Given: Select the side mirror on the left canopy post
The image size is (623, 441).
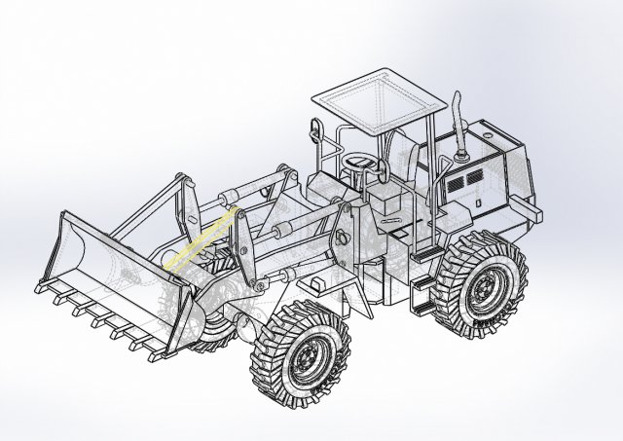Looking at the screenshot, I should pos(313,128).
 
